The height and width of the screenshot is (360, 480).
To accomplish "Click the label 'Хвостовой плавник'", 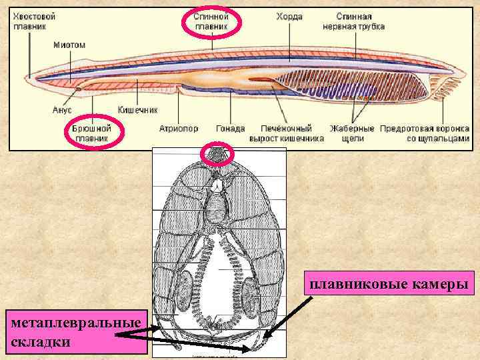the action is pos(35,20).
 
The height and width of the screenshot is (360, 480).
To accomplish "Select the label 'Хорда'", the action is pos(290,14).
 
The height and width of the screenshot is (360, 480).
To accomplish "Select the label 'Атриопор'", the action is pos(178,127).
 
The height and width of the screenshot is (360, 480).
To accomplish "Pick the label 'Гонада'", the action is pos(230,127).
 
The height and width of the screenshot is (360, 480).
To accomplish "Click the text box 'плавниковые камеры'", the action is pos(387,285).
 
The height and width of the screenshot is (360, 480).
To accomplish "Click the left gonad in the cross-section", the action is pos(189,293).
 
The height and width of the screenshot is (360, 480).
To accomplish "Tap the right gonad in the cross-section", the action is pos(251,293).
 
